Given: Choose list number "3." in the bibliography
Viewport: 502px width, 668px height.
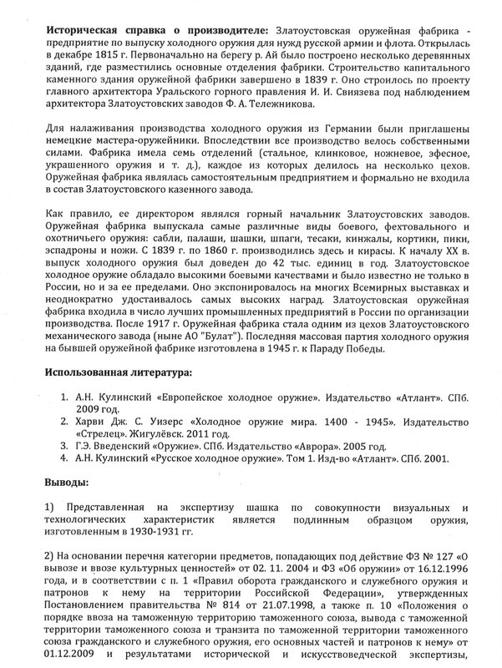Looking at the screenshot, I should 75,446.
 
